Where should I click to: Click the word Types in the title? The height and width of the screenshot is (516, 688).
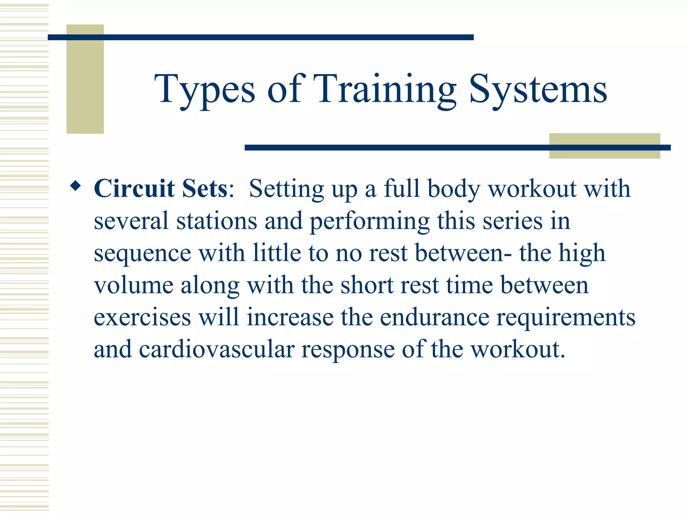(x=205, y=89)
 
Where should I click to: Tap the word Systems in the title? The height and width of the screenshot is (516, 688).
(x=538, y=89)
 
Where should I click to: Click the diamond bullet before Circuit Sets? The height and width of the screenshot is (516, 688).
(x=76, y=186)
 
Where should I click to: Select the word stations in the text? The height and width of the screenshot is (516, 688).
(x=217, y=221)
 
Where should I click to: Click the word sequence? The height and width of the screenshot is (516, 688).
(x=142, y=254)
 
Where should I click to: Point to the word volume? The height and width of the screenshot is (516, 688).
(x=133, y=285)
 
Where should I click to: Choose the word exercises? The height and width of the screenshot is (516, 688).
(x=142, y=317)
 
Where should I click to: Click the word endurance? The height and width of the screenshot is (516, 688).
(x=434, y=317)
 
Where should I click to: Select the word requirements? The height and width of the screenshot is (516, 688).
(x=566, y=318)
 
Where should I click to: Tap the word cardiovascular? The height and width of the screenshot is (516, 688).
(x=217, y=349)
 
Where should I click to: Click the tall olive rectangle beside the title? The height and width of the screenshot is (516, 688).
(x=85, y=79)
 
